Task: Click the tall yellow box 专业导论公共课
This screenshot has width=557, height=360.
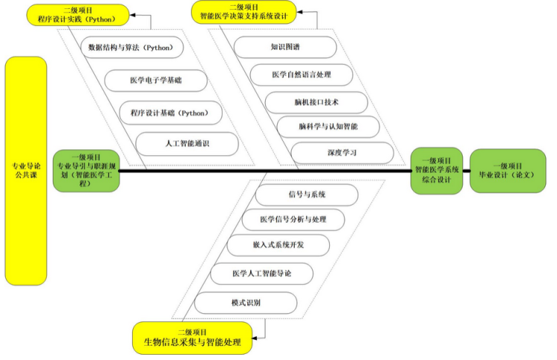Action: click(26, 171)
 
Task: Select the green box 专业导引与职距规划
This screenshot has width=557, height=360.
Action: click(85, 170)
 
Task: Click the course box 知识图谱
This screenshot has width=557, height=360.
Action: click(285, 47)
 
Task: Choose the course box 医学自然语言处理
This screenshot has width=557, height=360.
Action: click(301, 74)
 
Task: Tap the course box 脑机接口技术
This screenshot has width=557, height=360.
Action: click(316, 101)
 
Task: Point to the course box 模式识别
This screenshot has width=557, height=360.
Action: click(246, 302)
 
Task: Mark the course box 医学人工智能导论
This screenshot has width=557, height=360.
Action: click(261, 274)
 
